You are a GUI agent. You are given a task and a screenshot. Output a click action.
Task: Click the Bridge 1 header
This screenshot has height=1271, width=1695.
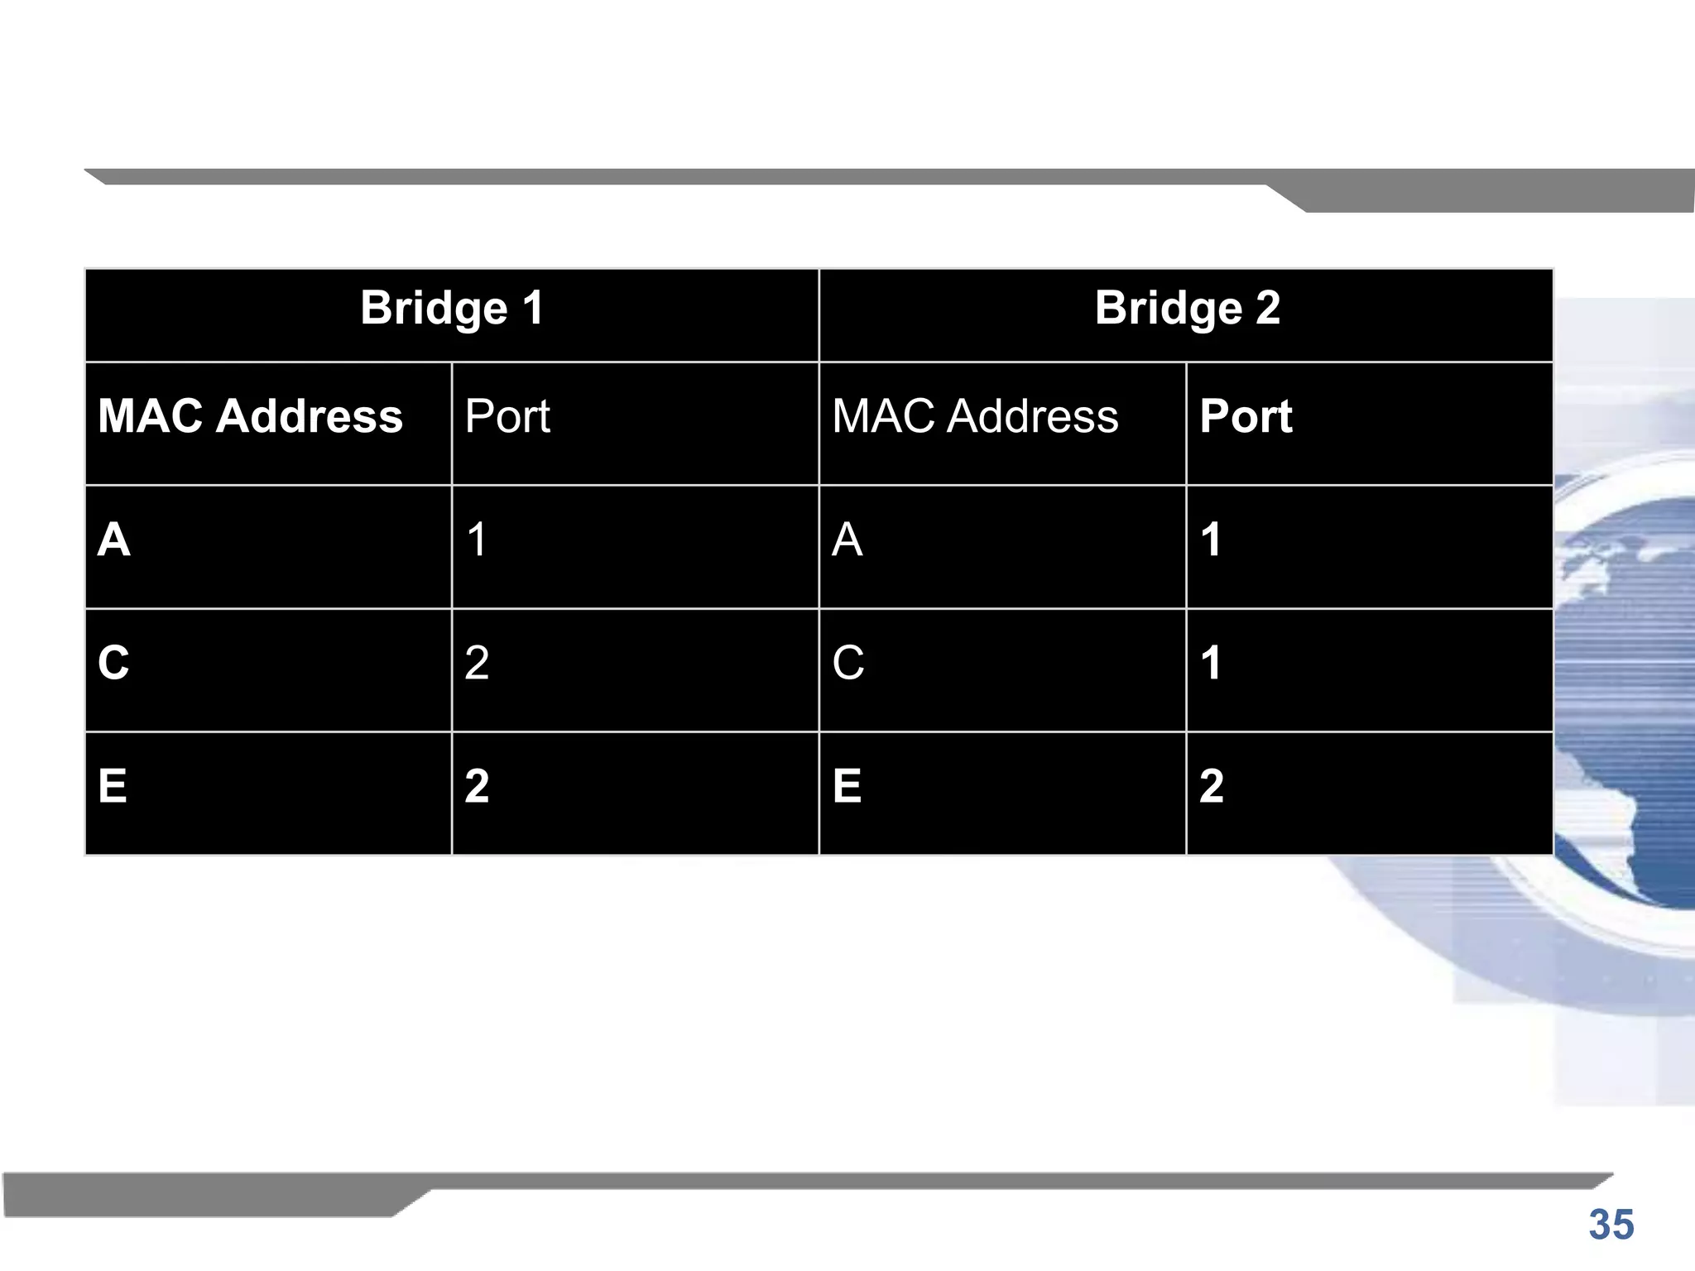pyautogui.click(x=452, y=309)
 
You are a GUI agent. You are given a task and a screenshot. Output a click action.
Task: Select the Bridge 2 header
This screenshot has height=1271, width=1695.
pyautogui.click(x=1187, y=309)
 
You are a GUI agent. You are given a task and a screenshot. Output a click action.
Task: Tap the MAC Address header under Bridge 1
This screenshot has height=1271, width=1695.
pyautogui.click(x=250, y=415)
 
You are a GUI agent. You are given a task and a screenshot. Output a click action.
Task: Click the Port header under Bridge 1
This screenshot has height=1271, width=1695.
pyautogui.click(x=507, y=415)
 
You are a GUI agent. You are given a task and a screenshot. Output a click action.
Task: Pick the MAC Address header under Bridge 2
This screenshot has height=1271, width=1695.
pyautogui.click(x=975, y=415)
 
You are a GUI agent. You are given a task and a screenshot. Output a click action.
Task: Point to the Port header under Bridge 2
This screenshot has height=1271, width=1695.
pyautogui.click(x=1246, y=415)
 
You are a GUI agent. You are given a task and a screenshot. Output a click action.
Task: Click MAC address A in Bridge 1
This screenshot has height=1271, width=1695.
pyautogui.click(x=114, y=540)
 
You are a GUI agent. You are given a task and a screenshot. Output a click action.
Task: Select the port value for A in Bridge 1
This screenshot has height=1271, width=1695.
pyautogui.click(x=477, y=540)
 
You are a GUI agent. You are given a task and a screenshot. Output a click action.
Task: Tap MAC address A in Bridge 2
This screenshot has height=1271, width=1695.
pyautogui.click(x=847, y=540)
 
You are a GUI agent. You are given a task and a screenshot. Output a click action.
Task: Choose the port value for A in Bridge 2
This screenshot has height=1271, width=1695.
pyautogui.click(x=1211, y=540)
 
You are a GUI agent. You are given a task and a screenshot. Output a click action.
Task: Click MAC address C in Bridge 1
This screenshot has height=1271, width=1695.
pyautogui.click(x=114, y=663)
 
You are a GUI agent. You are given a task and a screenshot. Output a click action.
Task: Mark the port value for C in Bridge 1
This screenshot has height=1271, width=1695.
pyautogui.click(x=477, y=663)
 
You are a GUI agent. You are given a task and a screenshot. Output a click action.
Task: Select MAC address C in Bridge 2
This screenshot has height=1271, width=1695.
pyautogui.click(x=848, y=663)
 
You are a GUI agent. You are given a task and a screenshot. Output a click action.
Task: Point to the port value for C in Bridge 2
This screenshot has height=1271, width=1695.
pyautogui.click(x=1211, y=663)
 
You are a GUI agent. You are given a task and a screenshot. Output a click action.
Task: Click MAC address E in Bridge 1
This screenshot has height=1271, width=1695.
pyautogui.click(x=113, y=786)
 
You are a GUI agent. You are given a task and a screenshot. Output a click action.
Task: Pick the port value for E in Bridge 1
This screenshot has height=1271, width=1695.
pyautogui.click(x=477, y=786)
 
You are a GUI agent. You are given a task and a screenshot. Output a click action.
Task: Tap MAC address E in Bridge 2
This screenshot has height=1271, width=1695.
pyautogui.click(x=847, y=786)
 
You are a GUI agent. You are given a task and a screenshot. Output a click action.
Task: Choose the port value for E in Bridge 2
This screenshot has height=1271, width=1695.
pyautogui.click(x=1212, y=786)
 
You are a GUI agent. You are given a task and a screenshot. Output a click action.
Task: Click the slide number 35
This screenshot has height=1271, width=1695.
pyautogui.click(x=1611, y=1225)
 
